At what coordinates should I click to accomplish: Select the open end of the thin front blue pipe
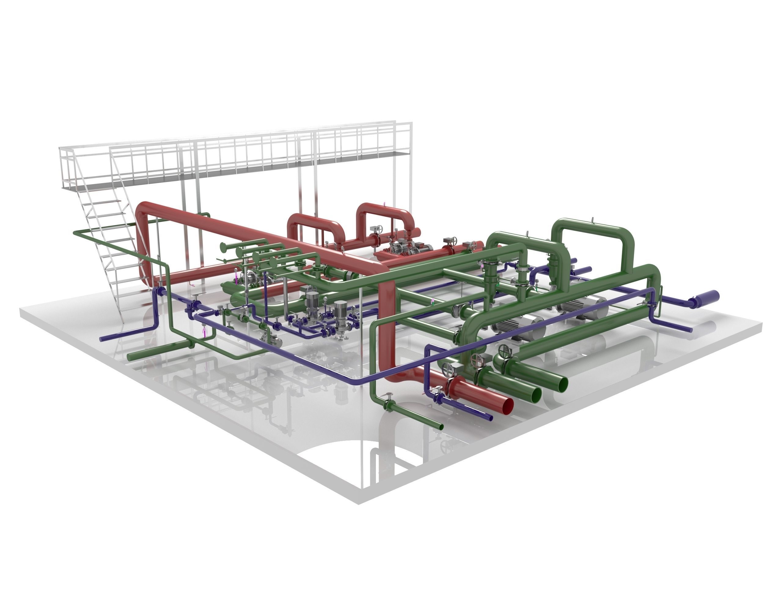point(491,418)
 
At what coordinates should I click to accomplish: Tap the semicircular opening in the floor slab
point(333,457)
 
